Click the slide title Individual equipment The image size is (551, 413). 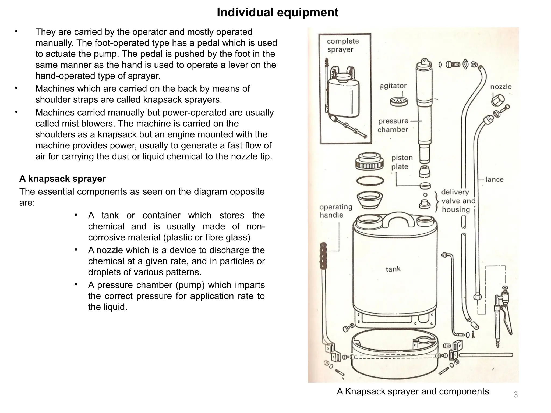pyautogui.click(x=277, y=12)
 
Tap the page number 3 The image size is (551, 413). pyautogui.click(x=515, y=395)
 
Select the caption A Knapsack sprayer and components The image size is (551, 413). pyautogui.click(x=413, y=391)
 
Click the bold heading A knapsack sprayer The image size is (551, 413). pyautogui.click(x=62, y=179)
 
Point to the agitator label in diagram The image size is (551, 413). pyautogui.click(x=393, y=86)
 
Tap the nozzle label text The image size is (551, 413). pyautogui.click(x=501, y=87)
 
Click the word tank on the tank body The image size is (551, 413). pyautogui.click(x=393, y=269)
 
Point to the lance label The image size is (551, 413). pyautogui.click(x=494, y=180)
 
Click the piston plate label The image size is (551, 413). pyautogui.click(x=402, y=162)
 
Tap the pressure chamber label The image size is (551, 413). pyautogui.click(x=393, y=125)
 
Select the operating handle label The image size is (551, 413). pyautogui.click(x=335, y=211)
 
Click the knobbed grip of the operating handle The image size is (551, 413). pyautogui.click(x=323, y=256)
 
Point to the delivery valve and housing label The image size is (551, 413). pyautogui.click(x=458, y=201)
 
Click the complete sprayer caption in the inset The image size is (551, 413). pyautogui.click(x=342, y=45)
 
